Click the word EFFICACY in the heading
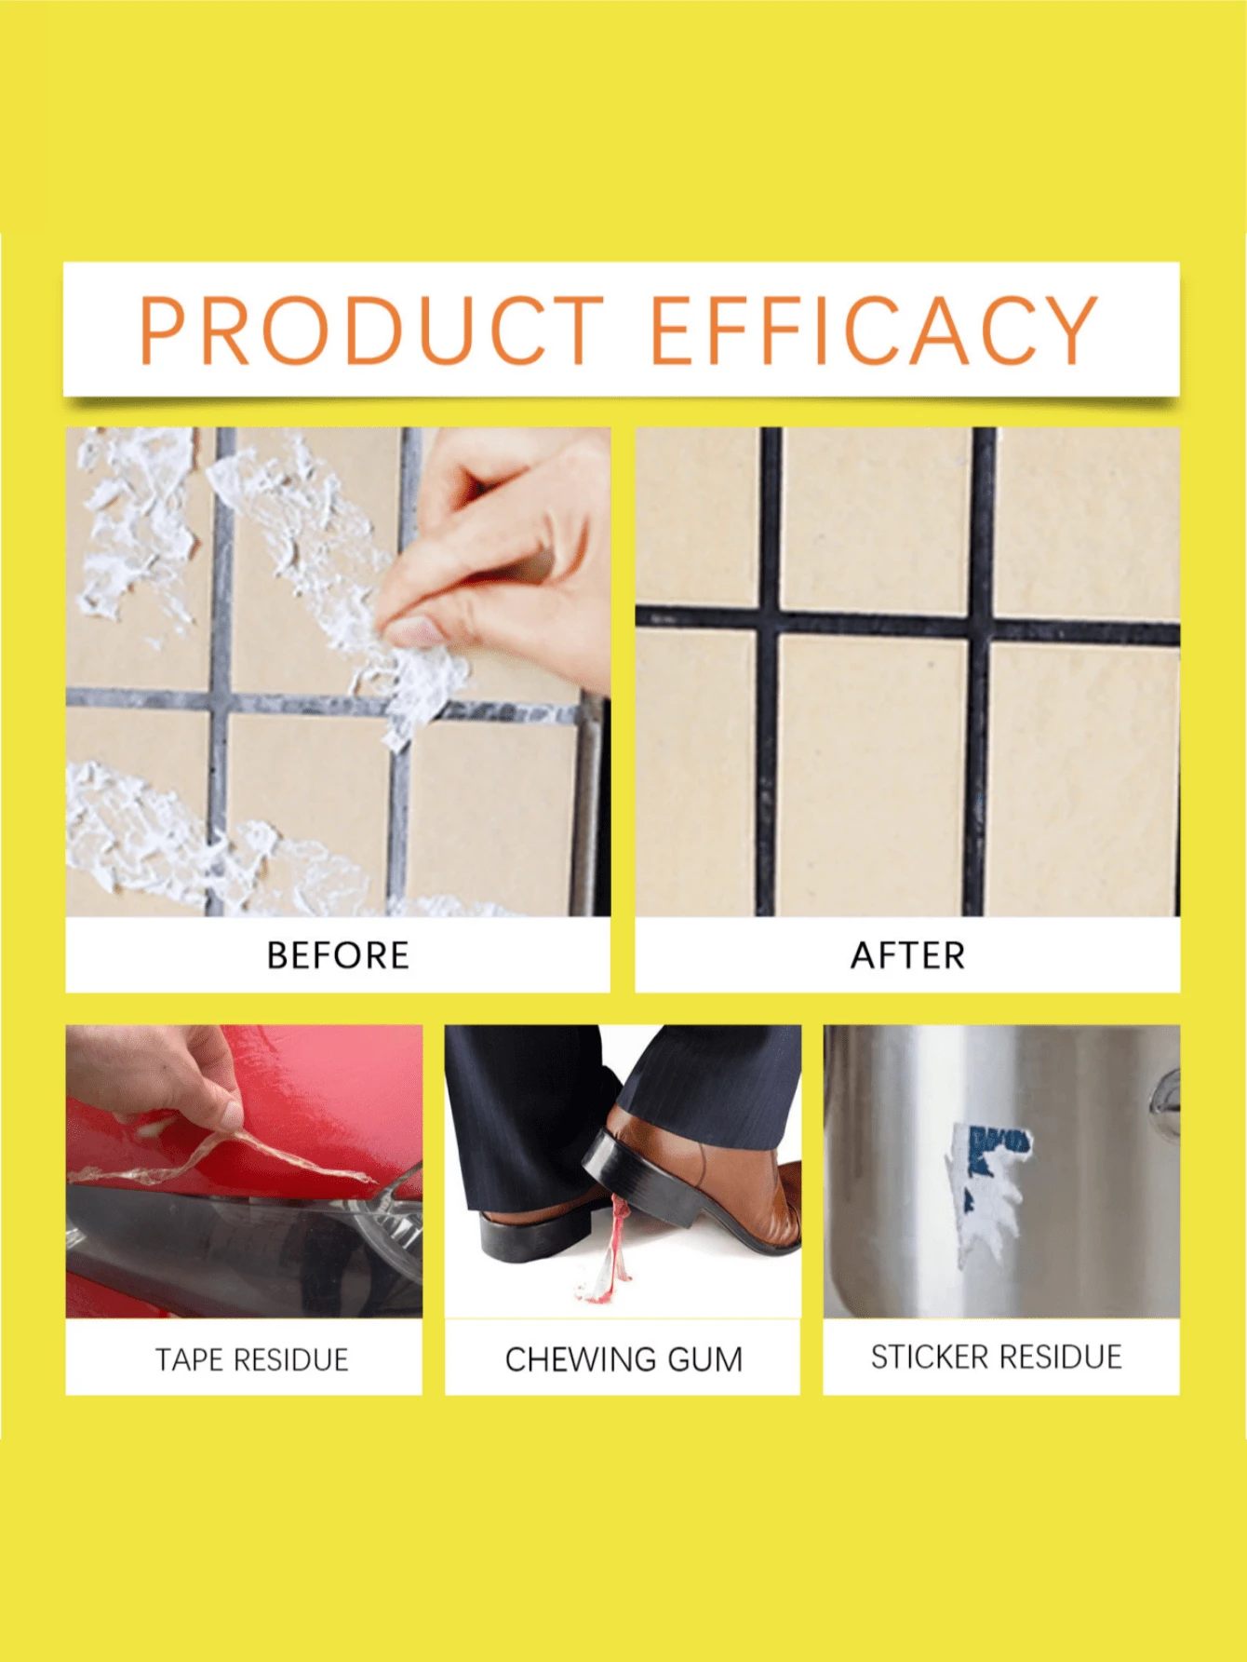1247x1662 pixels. pyautogui.click(x=873, y=330)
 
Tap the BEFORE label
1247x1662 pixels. pyautogui.click(x=338, y=956)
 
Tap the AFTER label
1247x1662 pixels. pyautogui.click(x=907, y=956)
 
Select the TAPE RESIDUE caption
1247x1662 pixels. pyautogui.click(x=251, y=1360)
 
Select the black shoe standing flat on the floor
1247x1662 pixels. pyautogui.click(x=530, y=1229)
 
